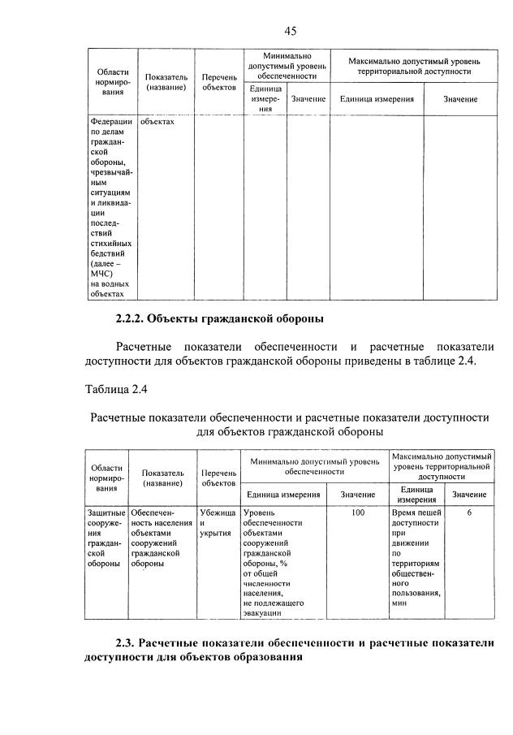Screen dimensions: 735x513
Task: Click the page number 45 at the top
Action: pos(291,30)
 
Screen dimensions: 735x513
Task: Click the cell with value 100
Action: pos(358,513)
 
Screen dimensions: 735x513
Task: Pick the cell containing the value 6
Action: pos(469,513)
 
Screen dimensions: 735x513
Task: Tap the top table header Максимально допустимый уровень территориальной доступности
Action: pos(413,66)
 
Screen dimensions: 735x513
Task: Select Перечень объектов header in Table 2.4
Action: pos(218,478)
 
